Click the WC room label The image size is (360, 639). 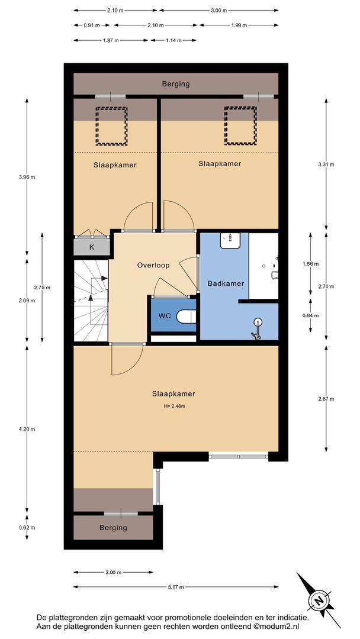[165, 315]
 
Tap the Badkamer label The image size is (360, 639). [226, 283]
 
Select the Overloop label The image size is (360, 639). [153, 265]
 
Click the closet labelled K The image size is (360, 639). [92, 247]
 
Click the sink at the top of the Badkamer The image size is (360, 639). [231, 240]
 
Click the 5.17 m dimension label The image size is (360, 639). [176, 587]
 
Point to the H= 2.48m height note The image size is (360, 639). [173, 406]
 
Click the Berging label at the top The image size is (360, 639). [176, 85]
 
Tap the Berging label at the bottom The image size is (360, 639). [113, 528]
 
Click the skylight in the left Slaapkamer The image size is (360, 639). [111, 126]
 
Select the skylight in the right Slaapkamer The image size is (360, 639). [240, 125]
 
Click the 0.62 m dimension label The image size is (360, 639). [27, 528]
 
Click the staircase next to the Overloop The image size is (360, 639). [91, 301]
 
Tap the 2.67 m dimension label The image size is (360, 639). [326, 399]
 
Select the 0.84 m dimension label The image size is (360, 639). [310, 315]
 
